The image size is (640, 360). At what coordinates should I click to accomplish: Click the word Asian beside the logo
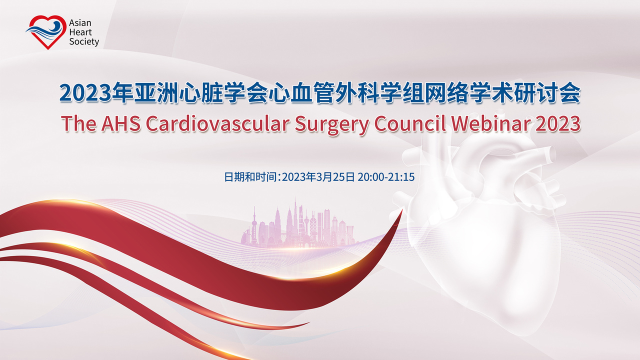(x=80, y=23)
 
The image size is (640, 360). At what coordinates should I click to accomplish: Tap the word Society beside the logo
(x=84, y=42)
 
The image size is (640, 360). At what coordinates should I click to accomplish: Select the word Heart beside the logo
(x=80, y=32)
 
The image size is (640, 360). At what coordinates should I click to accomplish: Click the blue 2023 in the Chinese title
(x=85, y=93)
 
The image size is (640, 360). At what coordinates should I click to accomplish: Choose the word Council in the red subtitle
(x=410, y=123)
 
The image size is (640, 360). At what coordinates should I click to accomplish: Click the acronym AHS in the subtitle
(x=121, y=123)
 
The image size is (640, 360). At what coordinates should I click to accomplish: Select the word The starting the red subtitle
(x=78, y=123)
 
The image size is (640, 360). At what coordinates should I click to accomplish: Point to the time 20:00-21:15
(x=386, y=177)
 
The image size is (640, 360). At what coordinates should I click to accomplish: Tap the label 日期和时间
(x=250, y=177)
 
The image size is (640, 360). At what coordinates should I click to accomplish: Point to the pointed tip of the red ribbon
(x=402, y=210)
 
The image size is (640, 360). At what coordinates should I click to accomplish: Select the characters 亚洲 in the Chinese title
(x=156, y=93)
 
